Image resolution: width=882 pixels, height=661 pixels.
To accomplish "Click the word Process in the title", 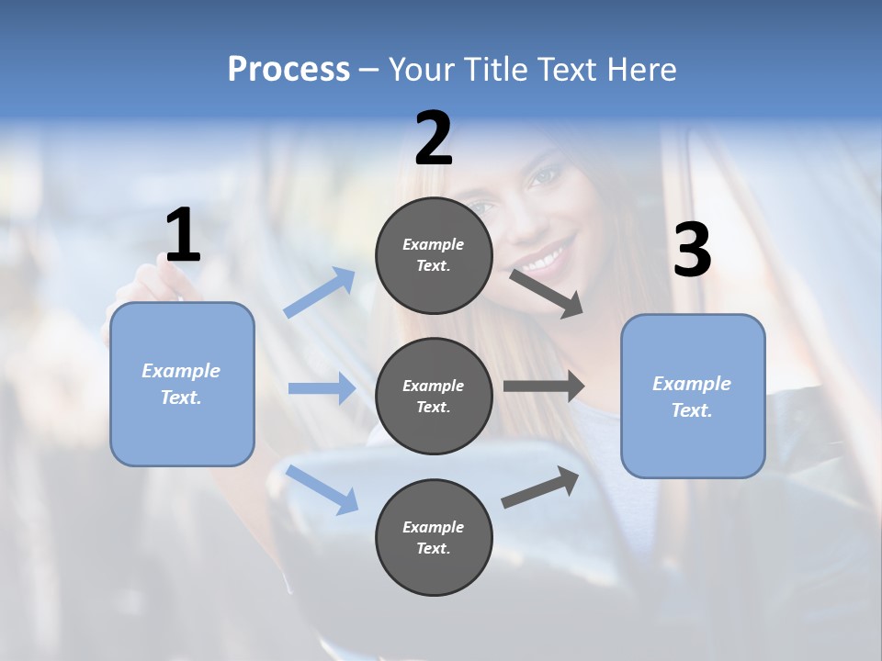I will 288,70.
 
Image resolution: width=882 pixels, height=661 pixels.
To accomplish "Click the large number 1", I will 183,236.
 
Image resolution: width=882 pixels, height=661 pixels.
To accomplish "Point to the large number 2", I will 434,139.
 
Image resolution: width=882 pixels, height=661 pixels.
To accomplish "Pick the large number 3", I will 692,251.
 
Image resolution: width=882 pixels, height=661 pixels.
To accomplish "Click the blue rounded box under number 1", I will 182,384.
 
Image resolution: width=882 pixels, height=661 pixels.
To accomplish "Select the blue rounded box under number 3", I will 693,397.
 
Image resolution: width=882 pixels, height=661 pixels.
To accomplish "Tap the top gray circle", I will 434,255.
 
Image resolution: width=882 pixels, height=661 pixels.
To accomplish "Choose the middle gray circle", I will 434,396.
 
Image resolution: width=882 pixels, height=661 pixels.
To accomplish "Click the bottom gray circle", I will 434,537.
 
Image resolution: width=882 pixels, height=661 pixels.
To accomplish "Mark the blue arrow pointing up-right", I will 320,293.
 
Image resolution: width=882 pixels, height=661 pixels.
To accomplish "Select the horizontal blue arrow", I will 322,389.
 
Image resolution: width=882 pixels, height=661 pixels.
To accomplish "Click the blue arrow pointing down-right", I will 322,488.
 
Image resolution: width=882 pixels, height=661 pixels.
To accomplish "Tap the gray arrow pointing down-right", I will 548,294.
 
